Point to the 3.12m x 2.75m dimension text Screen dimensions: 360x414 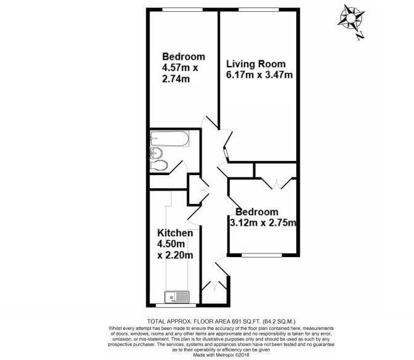tap(263, 223)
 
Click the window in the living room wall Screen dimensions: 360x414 tap(259, 9)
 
